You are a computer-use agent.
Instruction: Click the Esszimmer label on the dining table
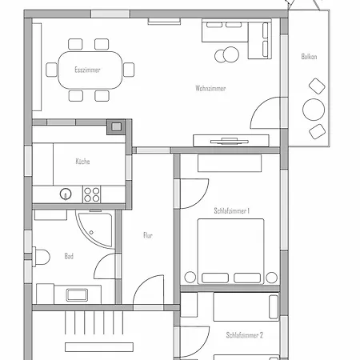click(x=87, y=70)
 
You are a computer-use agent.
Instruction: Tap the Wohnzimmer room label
click(x=210, y=88)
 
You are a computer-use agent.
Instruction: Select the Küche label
click(x=82, y=161)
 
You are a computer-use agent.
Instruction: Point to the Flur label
click(x=148, y=235)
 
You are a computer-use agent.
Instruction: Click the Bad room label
click(x=69, y=256)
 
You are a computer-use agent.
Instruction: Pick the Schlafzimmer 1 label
click(x=231, y=211)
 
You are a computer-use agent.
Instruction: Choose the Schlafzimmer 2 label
click(x=245, y=335)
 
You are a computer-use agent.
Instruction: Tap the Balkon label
click(x=309, y=57)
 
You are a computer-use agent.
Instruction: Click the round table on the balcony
click(x=314, y=110)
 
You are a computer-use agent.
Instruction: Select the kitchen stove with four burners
click(x=91, y=194)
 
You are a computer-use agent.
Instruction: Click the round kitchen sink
click(x=66, y=194)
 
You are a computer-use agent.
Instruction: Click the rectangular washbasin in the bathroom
click(x=77, y=295)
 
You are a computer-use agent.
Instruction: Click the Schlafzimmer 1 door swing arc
click(x=202, y=198)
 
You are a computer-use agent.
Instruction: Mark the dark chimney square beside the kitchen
click(x=116, y=126)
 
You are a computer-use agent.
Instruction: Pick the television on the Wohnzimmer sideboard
click(x=230, y=141)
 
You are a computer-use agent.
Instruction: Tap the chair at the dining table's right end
click(x=129, y=70)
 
